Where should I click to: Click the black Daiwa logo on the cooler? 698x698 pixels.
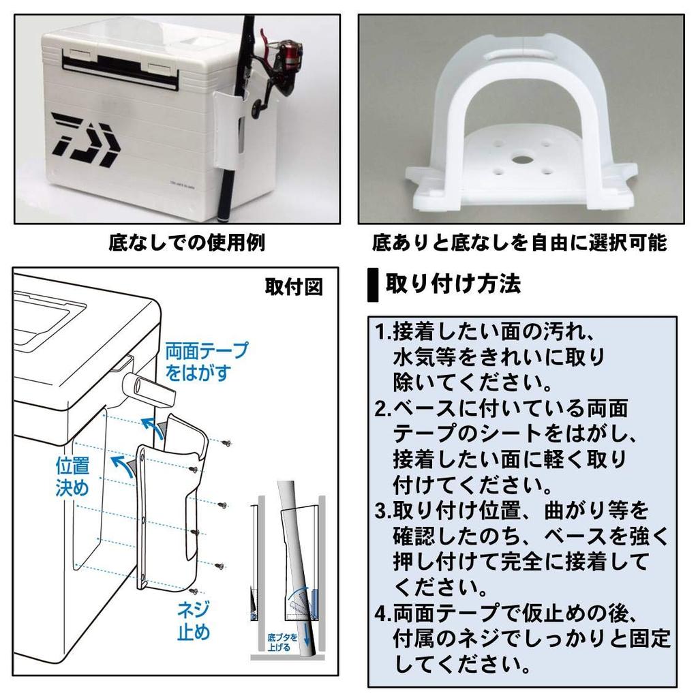(86, 140)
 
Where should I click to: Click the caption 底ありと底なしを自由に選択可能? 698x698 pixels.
(519, 243)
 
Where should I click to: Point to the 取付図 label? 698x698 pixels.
(293, 287)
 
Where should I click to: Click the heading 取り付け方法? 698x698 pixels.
(453, 284)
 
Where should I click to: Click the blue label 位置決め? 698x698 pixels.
(72, 477)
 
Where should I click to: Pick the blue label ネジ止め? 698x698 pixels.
(194, 620)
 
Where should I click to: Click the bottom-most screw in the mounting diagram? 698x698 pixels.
(194, 591)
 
